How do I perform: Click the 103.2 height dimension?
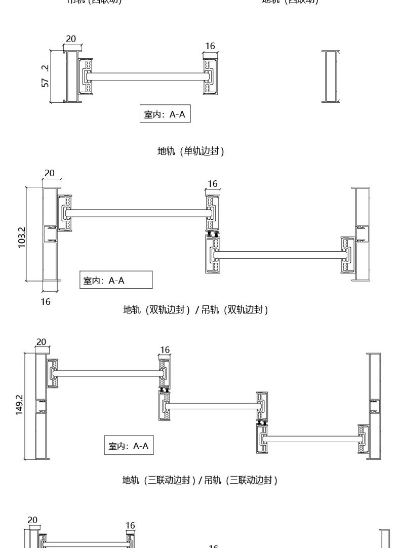tap(22, 237)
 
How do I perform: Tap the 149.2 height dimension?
tap(19, 405)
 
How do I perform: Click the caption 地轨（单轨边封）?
tap(190, 151)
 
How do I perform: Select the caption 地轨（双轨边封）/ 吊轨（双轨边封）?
tap(195, 309)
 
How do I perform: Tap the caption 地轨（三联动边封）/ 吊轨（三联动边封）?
tap(199, 480)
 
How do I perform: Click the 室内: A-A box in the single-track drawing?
tap(165, 114)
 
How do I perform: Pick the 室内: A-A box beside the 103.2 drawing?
tap(116, 280)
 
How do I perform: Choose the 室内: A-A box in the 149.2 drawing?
tap(129, 446)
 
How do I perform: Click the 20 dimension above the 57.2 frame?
tap(71, 39)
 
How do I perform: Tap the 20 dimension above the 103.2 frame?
tap(49, 173)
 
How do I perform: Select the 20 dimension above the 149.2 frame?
tap(41, 342)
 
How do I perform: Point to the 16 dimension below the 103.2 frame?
tap(46, 301)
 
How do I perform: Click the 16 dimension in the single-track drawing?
tap(210, 46)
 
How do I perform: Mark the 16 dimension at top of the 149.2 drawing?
tap(165, 350)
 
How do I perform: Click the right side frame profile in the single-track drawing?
tap(331, 76)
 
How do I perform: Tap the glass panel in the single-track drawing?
tap(147, 76)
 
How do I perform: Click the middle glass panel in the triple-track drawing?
tap(213, 406)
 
